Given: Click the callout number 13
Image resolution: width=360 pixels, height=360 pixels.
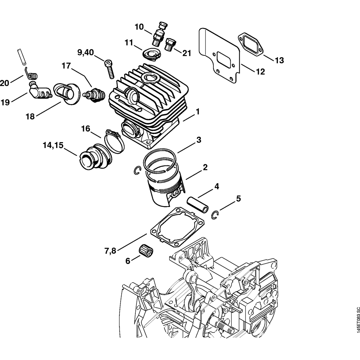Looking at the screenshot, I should click(279, 60).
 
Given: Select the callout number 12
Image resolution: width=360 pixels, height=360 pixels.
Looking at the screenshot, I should click(260, 72).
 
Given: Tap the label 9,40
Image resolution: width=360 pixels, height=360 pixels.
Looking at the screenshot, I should click(85, 53).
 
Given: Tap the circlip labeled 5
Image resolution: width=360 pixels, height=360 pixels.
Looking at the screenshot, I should click(215, 214).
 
